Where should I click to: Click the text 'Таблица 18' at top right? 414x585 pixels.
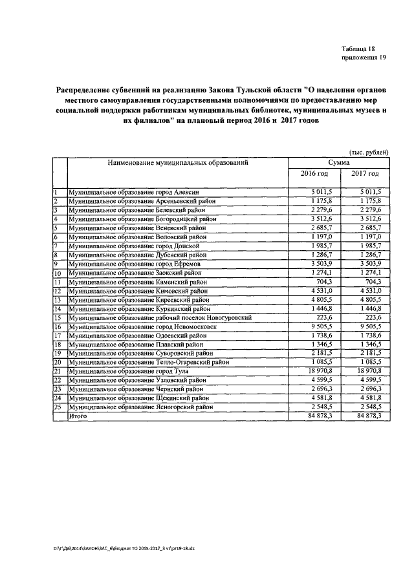pos(358,49)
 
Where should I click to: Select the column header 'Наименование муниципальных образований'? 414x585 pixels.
pos(179,163)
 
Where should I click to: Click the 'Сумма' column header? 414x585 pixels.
pos(339,163)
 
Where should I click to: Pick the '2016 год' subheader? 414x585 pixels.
pos(314,174)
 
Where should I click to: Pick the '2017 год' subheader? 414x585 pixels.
pos(365,174)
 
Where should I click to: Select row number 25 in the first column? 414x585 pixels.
pos(57,408)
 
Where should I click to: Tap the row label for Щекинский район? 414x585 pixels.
pos(142,399)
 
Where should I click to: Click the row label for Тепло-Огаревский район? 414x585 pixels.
pos(149,363)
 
